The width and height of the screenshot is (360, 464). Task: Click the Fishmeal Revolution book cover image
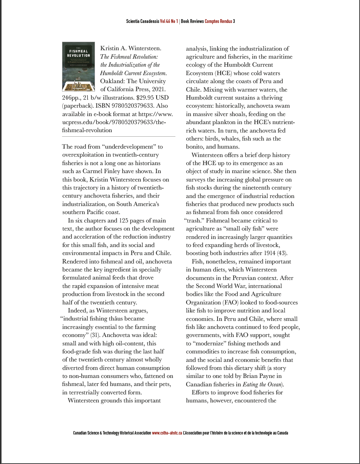(78, 66)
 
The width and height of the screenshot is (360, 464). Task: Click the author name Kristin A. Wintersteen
(131, 49)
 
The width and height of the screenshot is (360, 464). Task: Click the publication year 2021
(158, 90)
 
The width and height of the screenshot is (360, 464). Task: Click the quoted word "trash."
(194, 221)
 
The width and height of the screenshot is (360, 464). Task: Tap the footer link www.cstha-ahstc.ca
(167, 433)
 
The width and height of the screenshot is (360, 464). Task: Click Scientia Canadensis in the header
(142, 21)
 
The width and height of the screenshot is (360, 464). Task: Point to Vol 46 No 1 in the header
(169, 21)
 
